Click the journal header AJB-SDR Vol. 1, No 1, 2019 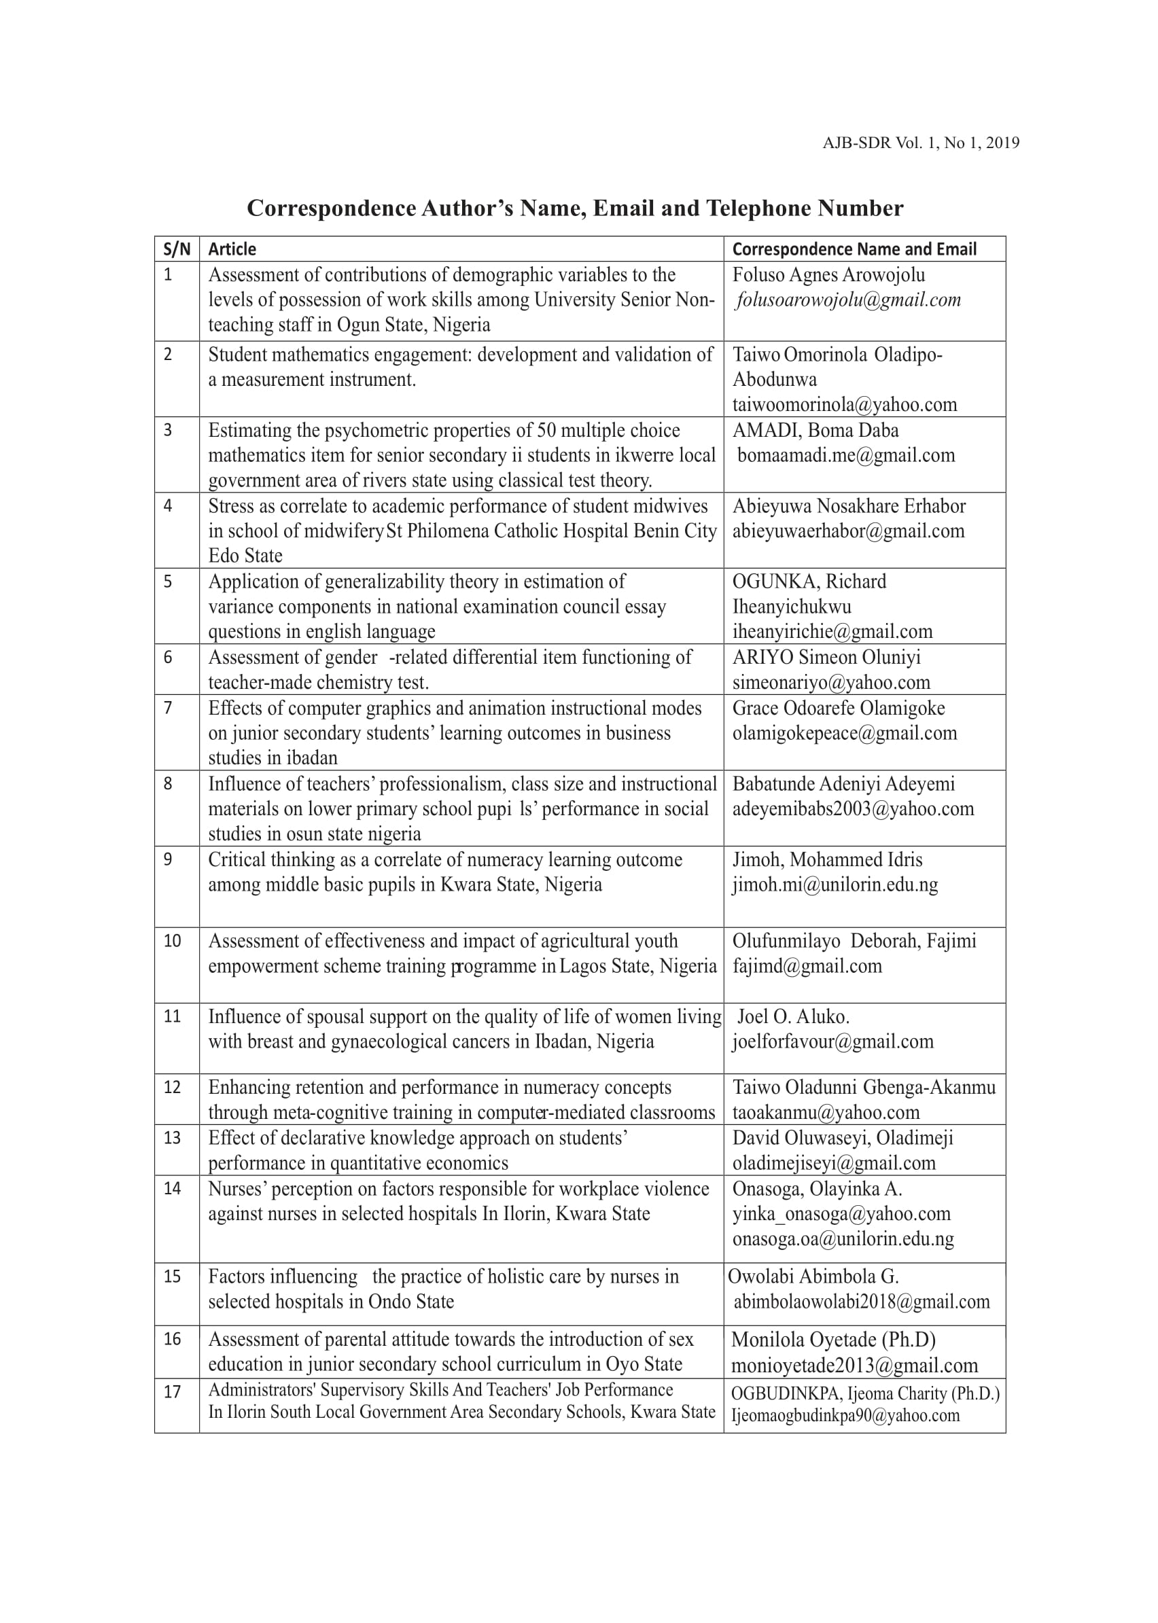(921, 143)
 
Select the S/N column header (177, 249)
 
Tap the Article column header (232, 249)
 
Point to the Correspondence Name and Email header (854, 249)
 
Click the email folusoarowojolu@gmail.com (849, 300)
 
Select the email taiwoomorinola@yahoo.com (844, 405)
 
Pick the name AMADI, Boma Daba (815, 431)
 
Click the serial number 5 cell (169, 582)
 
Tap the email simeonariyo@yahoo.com (831, 683)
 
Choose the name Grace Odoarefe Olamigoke (839, 709)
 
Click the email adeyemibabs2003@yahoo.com (853, 809)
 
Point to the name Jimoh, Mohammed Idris (827, 859)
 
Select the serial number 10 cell (173, 941)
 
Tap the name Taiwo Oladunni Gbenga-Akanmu (864, 1088)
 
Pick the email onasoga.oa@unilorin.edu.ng (843, 1240)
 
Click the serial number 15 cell (173, 1277)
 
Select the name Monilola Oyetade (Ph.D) (834, 1340)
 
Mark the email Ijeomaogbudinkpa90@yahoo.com (845, 1416)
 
